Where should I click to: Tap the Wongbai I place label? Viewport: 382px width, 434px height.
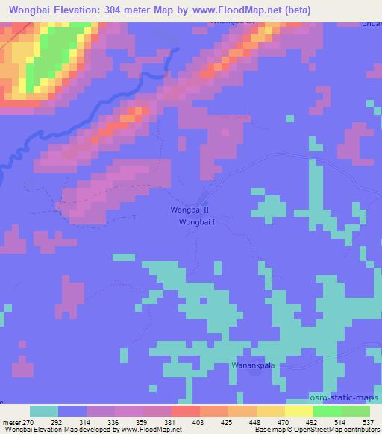[197, 221]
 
